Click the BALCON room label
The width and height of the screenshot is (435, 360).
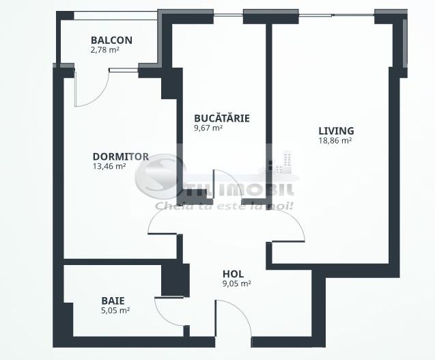(x=111, y=40)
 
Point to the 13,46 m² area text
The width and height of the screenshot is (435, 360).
(x=109, y=165)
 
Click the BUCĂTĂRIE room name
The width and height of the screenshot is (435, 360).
(x=221, y=118)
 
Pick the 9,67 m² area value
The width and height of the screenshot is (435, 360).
(x=208, y=128)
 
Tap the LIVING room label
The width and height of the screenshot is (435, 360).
(x=336, y=131)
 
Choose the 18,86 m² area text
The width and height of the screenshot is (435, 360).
(x=335, y=141)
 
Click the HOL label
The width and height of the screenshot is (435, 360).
(x=233, y=273)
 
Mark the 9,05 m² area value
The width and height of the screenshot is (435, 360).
(x=236, y=283)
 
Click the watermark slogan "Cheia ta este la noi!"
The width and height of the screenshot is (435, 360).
(x=225, y=205)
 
